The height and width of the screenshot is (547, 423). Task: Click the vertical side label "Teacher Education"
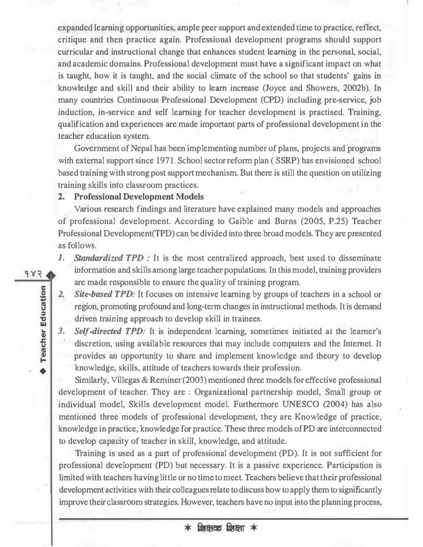click(x=44, y=328)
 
